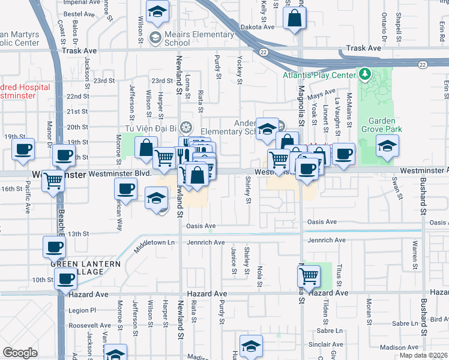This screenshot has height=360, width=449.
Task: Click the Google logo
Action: coord(20,353)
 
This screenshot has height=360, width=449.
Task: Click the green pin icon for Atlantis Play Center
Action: coord(364,75)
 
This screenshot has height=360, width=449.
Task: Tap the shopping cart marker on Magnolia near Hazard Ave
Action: coord(308,277)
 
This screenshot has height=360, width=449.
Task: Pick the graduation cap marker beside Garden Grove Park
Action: coord(387,146)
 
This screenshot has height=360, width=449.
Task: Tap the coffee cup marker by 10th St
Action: coord(65,278)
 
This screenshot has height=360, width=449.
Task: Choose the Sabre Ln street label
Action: coord(331,331)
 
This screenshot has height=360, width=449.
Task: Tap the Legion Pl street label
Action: coord(82,310)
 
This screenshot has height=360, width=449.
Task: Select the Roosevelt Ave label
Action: coord(87,325)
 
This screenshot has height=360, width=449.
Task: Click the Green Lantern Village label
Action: coord(85,268)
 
